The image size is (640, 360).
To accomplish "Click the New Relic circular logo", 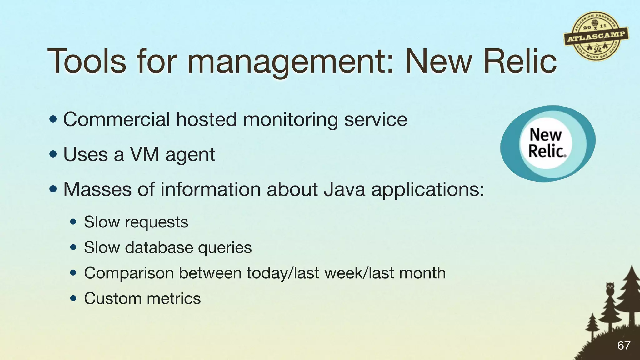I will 547,143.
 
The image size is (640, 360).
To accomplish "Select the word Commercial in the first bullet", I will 117,120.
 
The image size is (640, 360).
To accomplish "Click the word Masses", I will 97,189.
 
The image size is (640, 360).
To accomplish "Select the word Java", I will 344,189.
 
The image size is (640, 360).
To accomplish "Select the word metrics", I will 174,298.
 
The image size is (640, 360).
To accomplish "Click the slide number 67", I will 624,345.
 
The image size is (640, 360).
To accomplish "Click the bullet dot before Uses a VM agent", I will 53,154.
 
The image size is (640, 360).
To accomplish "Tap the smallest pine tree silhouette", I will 592,325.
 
